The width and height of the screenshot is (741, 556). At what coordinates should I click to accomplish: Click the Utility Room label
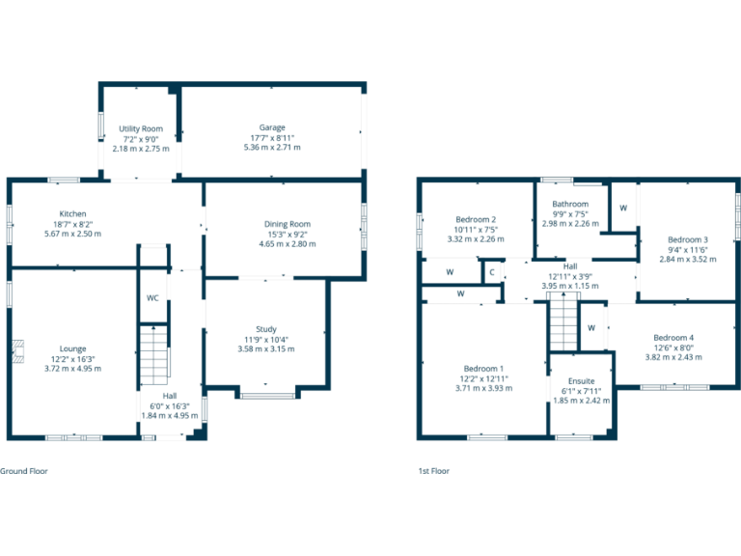click(x=141, y=128)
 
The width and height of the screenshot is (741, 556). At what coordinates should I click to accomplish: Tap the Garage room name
click(x=271, y=127)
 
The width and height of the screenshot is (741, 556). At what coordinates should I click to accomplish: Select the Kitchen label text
click(x=73, y=213)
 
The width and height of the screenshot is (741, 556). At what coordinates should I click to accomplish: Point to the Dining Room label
click(x=288, y=224)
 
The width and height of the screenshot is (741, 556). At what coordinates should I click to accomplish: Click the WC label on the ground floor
click(x=152, y=298)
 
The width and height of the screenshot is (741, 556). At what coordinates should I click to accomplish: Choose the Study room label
click(x=265, y=329)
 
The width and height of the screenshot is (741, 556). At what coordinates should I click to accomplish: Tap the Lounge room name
click(x=72, y=348)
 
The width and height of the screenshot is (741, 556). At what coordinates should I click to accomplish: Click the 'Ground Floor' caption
click(x=24, y=471)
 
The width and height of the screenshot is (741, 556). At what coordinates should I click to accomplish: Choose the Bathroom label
click(x=570, y=204)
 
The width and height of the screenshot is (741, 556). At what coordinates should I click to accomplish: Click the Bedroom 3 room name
click(x=688, y=238)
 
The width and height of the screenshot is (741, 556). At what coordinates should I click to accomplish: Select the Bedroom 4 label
click(x=673, y=338)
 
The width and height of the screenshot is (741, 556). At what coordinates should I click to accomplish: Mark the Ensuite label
click(x=581, y=380)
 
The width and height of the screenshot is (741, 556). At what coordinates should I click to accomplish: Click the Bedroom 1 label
click(x=483, y=369)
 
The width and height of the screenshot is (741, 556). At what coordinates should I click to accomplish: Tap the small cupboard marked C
click(x=492, y=272)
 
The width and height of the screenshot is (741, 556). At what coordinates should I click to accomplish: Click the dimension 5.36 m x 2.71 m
click(x=271, y=148)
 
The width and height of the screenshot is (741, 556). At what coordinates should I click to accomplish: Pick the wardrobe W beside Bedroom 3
click(x=623, y=208)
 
